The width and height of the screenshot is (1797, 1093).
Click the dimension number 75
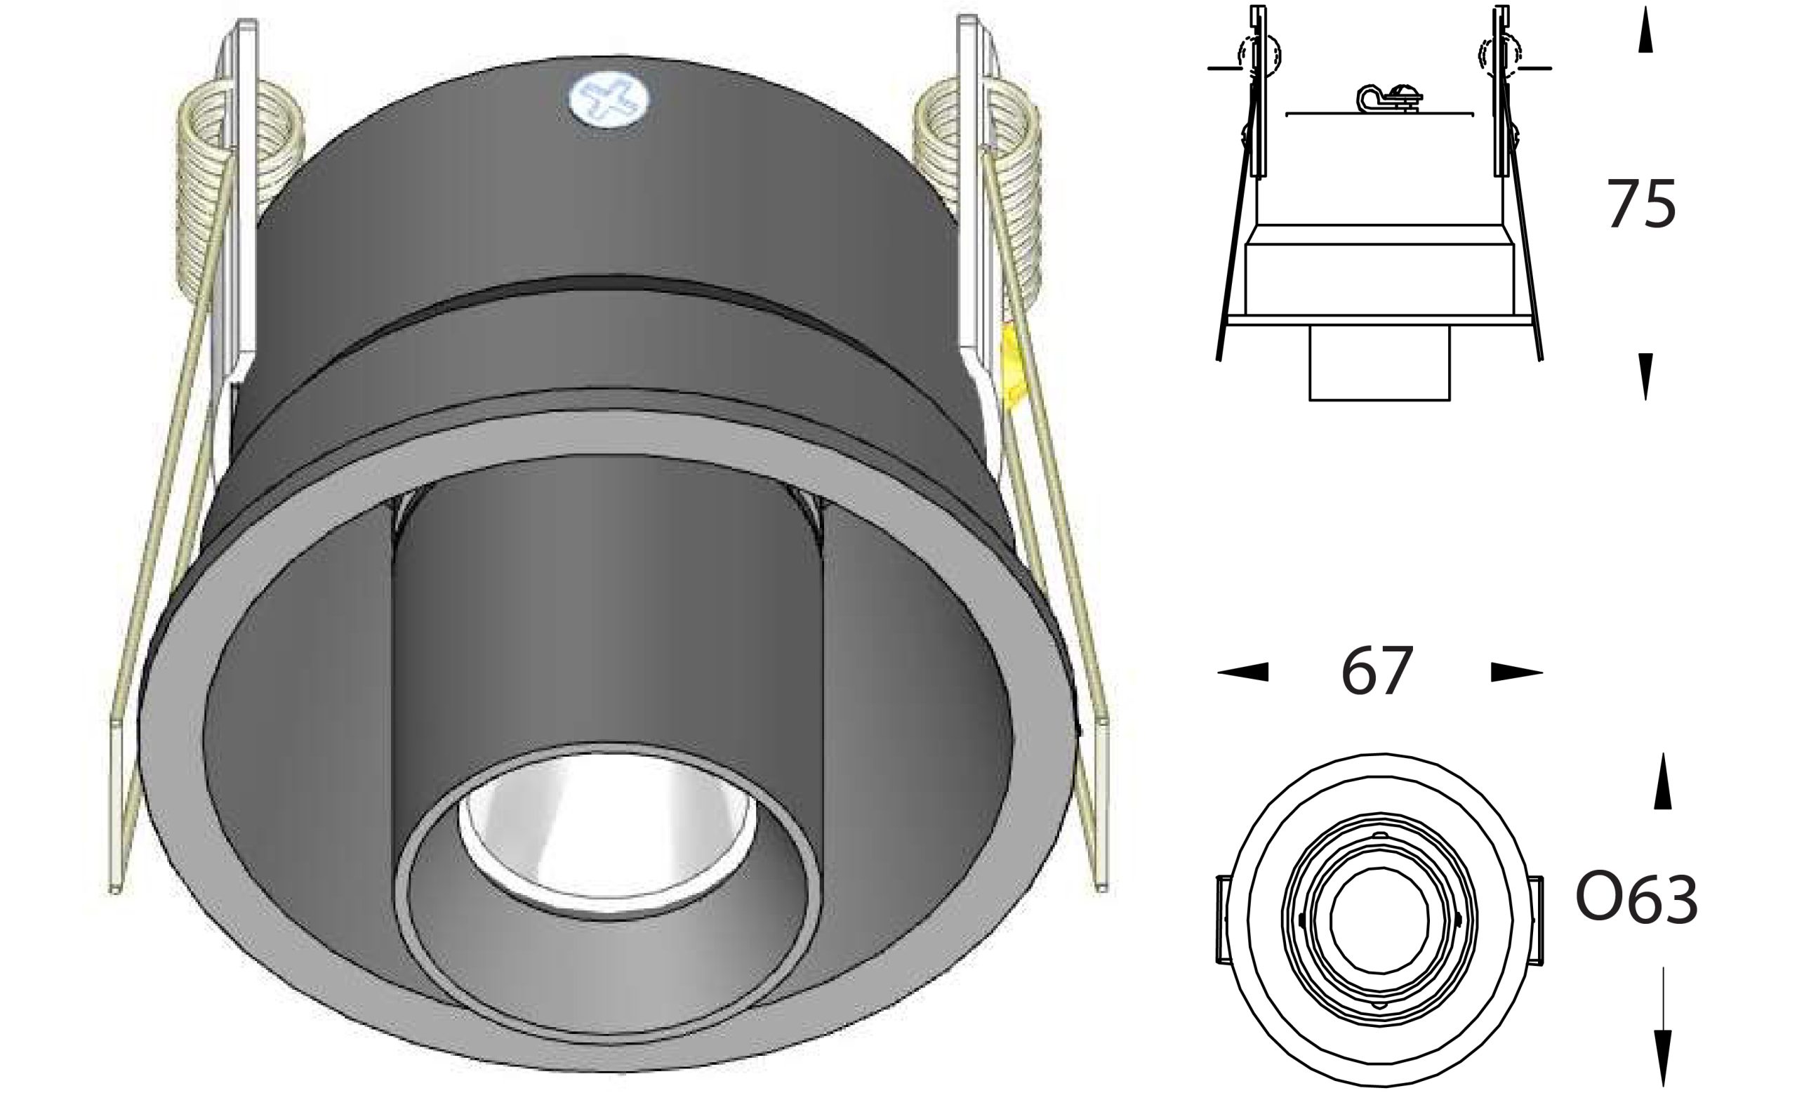click(x=1641, y=206)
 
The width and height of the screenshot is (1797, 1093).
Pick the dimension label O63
click(x=1636, y=901)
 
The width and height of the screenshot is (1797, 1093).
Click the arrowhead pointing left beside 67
click(x=1242, y=672)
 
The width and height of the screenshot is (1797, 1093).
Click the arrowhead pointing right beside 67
click(x=1516, y=672)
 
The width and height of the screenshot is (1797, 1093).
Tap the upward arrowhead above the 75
click(x=1645, y=31)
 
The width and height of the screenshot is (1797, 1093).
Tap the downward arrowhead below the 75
click(x=1645, y=376)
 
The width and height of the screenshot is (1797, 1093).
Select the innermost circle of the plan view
click(x=1379, y=922)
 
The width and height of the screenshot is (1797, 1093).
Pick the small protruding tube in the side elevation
click(x=1379, y=362)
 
